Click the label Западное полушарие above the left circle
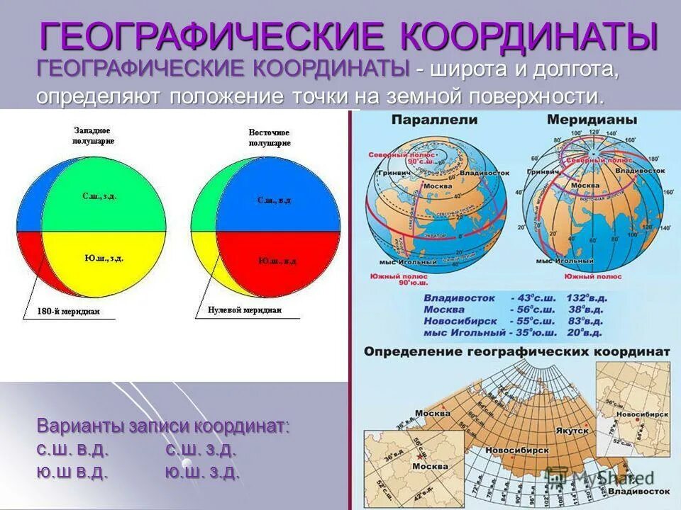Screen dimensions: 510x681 pos(95,136)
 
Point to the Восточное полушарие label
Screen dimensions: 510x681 pos(269,137)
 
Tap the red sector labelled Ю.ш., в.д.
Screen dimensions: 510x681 pos(277,261)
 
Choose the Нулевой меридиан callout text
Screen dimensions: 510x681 pos(244,310)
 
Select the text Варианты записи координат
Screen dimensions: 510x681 pos(163,427)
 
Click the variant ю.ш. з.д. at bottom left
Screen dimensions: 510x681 pos(201,472)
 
